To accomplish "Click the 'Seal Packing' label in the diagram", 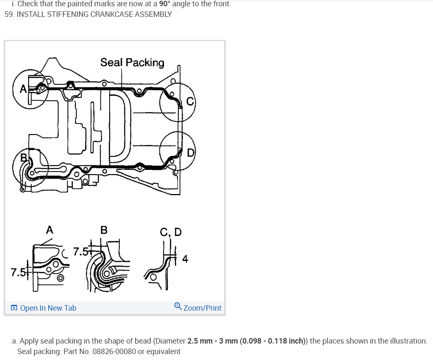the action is click(132, 62).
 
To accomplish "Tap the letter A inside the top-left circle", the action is click(23, 89).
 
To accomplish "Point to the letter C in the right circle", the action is click(190, 101).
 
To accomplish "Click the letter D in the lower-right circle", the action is click(190, 152).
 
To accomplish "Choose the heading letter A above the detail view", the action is click(49, 230).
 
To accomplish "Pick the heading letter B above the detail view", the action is click(104, 230).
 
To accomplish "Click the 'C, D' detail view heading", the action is click(171, 232).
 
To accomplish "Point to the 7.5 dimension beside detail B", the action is click(81, 252).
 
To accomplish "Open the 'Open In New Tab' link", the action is click(48, 308).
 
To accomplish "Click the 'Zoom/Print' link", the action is click(202, 308).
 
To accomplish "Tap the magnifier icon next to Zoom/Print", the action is click(178, 307).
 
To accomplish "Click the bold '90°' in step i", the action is click(166, 4).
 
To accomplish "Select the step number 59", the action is click(9, 14).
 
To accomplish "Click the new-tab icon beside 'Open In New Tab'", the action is click(14, 308).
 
